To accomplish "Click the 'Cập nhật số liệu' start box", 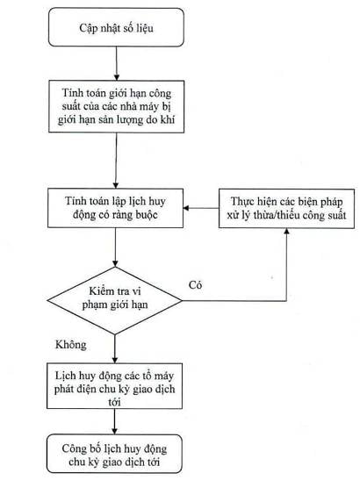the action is click(116, 27).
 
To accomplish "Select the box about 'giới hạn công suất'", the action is click(117, 106).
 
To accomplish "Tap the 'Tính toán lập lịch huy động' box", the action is click(116, 208).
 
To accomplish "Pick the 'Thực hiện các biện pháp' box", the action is click(286, 209).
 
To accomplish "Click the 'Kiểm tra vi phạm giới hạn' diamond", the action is click(115, 301).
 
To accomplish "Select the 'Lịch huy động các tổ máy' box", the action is click(115, 386).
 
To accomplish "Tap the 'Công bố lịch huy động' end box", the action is click(115, 454).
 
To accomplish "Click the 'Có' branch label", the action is click(195, 285).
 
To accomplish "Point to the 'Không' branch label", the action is click(71, 345).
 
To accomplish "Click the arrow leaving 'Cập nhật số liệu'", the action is click(117, 63).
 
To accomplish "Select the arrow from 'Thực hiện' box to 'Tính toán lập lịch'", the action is click(201, 209).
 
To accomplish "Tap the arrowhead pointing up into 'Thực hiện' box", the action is click(287, 232).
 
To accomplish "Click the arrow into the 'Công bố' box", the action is click(115, 421).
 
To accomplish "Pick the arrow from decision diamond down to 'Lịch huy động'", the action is click(115, 349).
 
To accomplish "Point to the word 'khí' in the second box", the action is click(168, 119).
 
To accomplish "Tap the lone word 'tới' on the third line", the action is click(114, 402).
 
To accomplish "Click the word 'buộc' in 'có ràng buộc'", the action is click(146, 215).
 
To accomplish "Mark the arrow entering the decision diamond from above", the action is click(115, 247).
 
